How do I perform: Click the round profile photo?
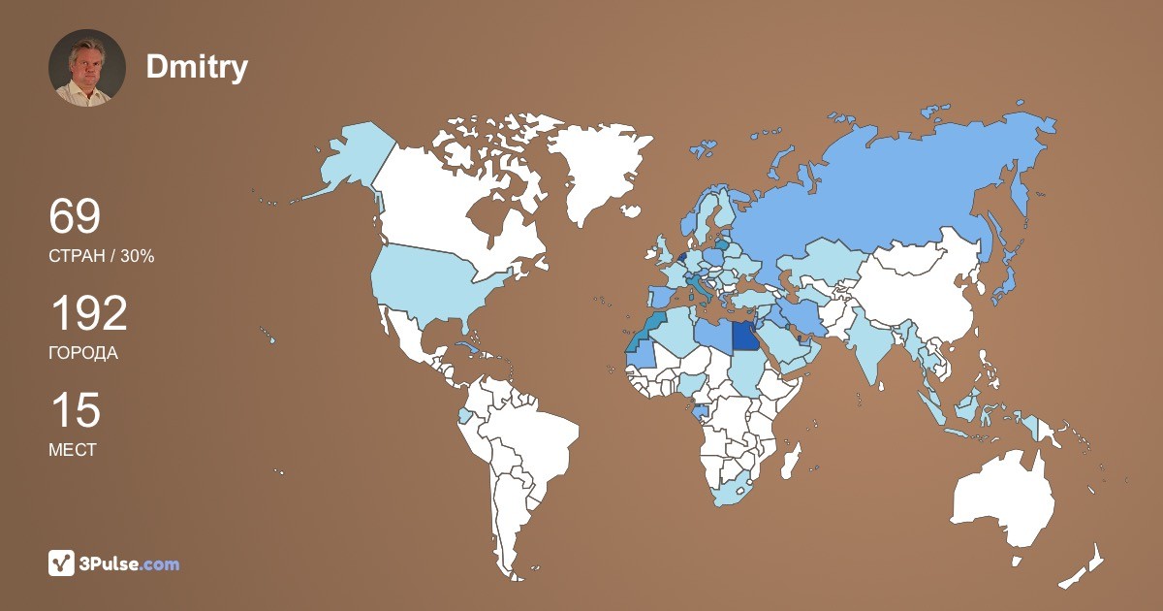pyautogui.click(x=87, y=68)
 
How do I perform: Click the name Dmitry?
pyautogui.click(x=197, y=67)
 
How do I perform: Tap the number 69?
pyautogui.click(x=75, y=217)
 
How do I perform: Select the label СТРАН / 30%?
pyautogui.click(x=102, y=256)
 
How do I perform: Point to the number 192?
pyautogui.click(x=88, y=314)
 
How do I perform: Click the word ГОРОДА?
pyautogui.click(x=83, y=353)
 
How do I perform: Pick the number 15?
pyautogui.click(x=75, y=411)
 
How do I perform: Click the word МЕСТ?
pyautogui.click(x=73, y=450)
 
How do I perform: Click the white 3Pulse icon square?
pyautogui.click(x=62, y=563)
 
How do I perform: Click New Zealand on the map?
pyautogui.click(x=1085, y=567)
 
